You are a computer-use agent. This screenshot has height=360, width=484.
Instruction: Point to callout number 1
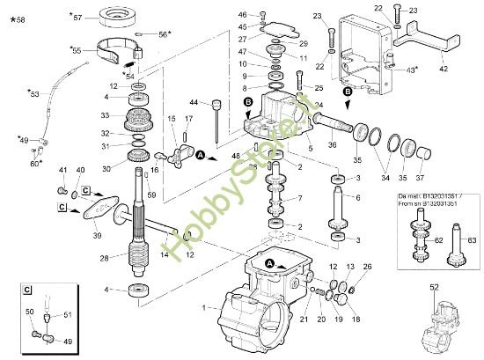point(204,307)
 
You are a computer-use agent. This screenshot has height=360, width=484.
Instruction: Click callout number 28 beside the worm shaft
point(105,257)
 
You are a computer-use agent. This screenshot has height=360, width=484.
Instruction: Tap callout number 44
point(194,103)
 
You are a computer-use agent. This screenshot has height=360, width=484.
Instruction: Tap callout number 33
point(105,114)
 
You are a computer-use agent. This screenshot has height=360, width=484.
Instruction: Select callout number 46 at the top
point(243,15)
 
